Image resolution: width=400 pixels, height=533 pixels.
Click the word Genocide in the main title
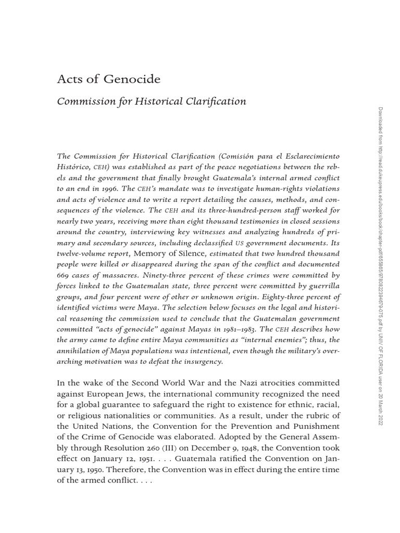point(132,80)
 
